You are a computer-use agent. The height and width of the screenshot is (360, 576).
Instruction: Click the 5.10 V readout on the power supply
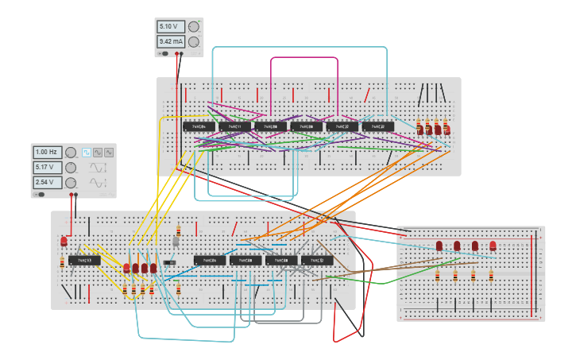point(172,26)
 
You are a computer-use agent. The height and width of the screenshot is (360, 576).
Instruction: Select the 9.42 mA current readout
point(172,41)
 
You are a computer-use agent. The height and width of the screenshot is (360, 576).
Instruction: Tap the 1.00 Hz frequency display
point(48,152)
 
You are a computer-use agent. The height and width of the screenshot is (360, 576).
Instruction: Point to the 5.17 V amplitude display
point(48,168)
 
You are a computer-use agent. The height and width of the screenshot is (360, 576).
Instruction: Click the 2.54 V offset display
point(48,183)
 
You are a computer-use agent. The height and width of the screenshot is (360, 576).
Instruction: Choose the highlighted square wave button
point(87,152)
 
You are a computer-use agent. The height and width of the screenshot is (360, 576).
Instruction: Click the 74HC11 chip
point(234,126)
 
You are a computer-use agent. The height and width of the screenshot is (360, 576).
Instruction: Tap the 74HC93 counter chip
point(84,260)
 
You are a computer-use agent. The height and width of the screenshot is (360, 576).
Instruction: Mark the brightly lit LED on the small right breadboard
point(493,246)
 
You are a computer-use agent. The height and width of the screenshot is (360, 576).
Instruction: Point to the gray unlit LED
point(176,241)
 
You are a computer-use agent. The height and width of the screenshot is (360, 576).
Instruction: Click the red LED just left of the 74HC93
point(64,241)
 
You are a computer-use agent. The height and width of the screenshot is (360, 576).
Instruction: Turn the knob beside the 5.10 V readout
point(193,26)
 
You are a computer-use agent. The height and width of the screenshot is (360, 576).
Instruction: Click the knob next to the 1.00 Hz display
point(71,152)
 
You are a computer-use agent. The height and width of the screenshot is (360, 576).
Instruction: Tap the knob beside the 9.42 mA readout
point(193,41)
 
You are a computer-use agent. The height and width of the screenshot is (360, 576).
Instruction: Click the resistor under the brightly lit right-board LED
point(491,276)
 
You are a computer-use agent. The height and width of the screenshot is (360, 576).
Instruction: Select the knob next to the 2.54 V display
point(71,183)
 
